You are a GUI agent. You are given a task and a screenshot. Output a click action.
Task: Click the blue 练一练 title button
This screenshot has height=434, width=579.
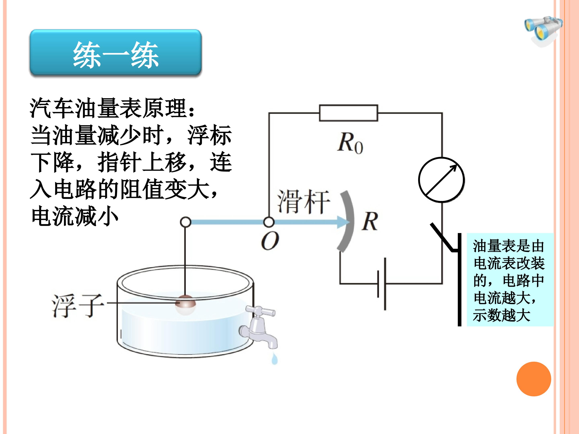click(x=115, y=53)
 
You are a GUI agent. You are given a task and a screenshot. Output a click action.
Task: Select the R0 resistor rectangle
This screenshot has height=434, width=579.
click(x=348, y=113)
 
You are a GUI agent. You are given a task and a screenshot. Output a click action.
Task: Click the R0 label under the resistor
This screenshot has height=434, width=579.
click(x=350, y=143)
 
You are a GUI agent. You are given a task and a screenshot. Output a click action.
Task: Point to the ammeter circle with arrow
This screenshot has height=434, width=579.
click(x=441, y=180)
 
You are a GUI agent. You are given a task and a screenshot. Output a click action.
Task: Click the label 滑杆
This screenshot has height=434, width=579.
click(x=303, y=202)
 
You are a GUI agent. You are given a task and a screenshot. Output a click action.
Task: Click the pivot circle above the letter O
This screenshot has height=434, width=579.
click(x=269, y=222)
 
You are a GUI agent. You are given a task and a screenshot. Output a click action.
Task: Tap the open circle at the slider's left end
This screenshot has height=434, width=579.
click(x=186, y=222)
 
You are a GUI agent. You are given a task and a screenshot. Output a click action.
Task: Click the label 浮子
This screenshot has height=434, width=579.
click(x=78, y=306)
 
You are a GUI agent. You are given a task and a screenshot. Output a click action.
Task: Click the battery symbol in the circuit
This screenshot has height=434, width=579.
click(x=381, y=284)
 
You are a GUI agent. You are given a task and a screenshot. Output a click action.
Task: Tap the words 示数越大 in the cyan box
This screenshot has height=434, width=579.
click(x=502, y=315)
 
